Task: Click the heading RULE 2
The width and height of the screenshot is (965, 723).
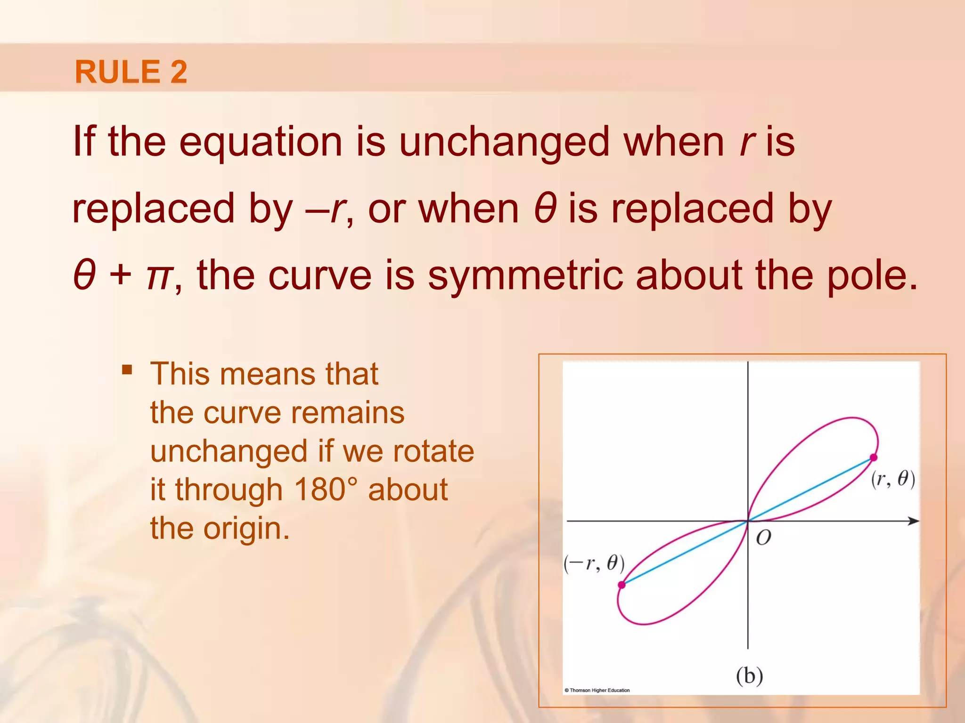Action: (x=131, y=72)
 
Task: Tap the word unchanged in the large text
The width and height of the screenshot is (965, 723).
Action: (x=504, y=142)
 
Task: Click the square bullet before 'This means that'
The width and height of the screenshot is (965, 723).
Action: (x=127, y=369)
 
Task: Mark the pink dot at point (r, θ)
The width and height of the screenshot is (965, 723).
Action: (x=874, y=457)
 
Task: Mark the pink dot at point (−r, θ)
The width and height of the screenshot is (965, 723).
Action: (x=622, y=585)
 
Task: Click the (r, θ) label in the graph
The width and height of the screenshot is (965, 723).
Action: (x=892, y=479)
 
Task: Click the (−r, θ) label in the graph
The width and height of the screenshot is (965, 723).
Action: (x=594, y=563)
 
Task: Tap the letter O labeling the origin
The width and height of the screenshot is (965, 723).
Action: (x=763, y=538)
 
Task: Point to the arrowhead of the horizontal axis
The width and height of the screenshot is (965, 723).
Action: (x=914, y=521)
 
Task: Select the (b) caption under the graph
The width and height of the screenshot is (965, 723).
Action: (x=749, y=675)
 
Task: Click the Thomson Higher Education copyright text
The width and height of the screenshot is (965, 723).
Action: (x=597, y=690)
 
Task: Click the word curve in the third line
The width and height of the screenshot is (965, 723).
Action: (x=319, y=276)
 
